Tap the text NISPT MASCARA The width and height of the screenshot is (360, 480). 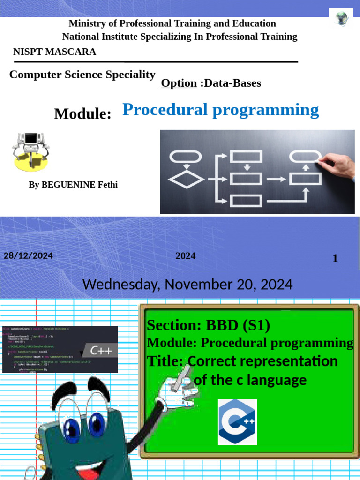click(55, 52)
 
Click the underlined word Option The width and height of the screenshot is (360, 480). click(179, 83)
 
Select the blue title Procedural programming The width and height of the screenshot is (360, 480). click(220, 110)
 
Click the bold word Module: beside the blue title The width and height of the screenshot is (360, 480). click(82, 113)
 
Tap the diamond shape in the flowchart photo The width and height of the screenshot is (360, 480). click(186, 179)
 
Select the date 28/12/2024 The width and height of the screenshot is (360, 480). click(28, 256)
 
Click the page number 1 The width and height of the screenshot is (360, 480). click(335, 258)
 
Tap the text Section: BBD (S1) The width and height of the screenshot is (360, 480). click(208, 325)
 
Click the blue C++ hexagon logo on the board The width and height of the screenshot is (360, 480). click(237, 422)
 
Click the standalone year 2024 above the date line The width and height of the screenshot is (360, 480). click(186, 256)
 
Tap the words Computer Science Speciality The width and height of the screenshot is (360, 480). click(82, 75)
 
